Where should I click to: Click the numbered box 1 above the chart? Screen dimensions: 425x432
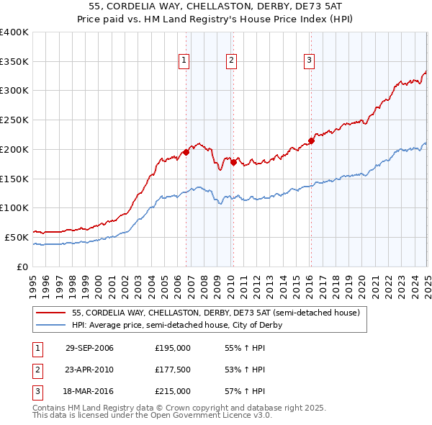185,61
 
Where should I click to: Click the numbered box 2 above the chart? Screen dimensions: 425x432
232,61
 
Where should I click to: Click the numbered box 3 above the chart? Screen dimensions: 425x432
309,61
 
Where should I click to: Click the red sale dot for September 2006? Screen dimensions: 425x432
186,152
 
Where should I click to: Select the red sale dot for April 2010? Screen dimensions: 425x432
233,162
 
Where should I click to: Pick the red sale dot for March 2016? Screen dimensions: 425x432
311,140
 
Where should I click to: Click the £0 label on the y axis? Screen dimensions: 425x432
23,267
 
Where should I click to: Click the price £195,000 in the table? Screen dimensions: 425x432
173,348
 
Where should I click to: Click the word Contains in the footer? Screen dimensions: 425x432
50,408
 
